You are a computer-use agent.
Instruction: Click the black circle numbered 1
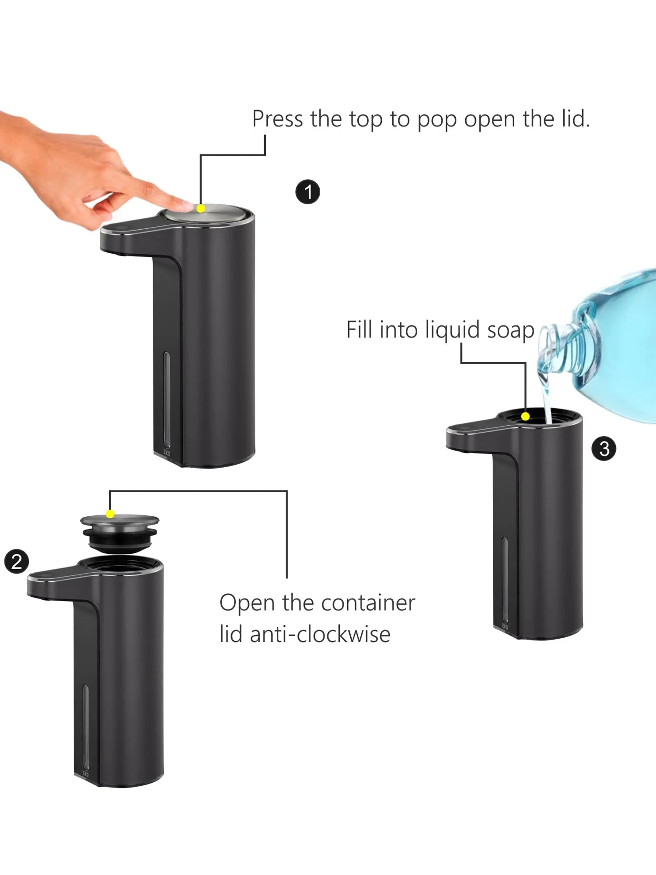[308, 192]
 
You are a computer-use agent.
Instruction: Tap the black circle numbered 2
[17, 562]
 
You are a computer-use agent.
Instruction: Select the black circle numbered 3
[604, 449]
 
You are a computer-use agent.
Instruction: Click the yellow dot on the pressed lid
[201, 209]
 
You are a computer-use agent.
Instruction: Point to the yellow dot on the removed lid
[110, 514]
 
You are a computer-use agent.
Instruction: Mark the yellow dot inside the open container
[526, 416]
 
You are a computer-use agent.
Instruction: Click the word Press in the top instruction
[277, 119]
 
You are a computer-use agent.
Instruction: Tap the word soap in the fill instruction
[510, 330]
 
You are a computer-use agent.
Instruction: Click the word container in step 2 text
[361, 603]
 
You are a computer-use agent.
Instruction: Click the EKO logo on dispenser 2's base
[86, 774]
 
